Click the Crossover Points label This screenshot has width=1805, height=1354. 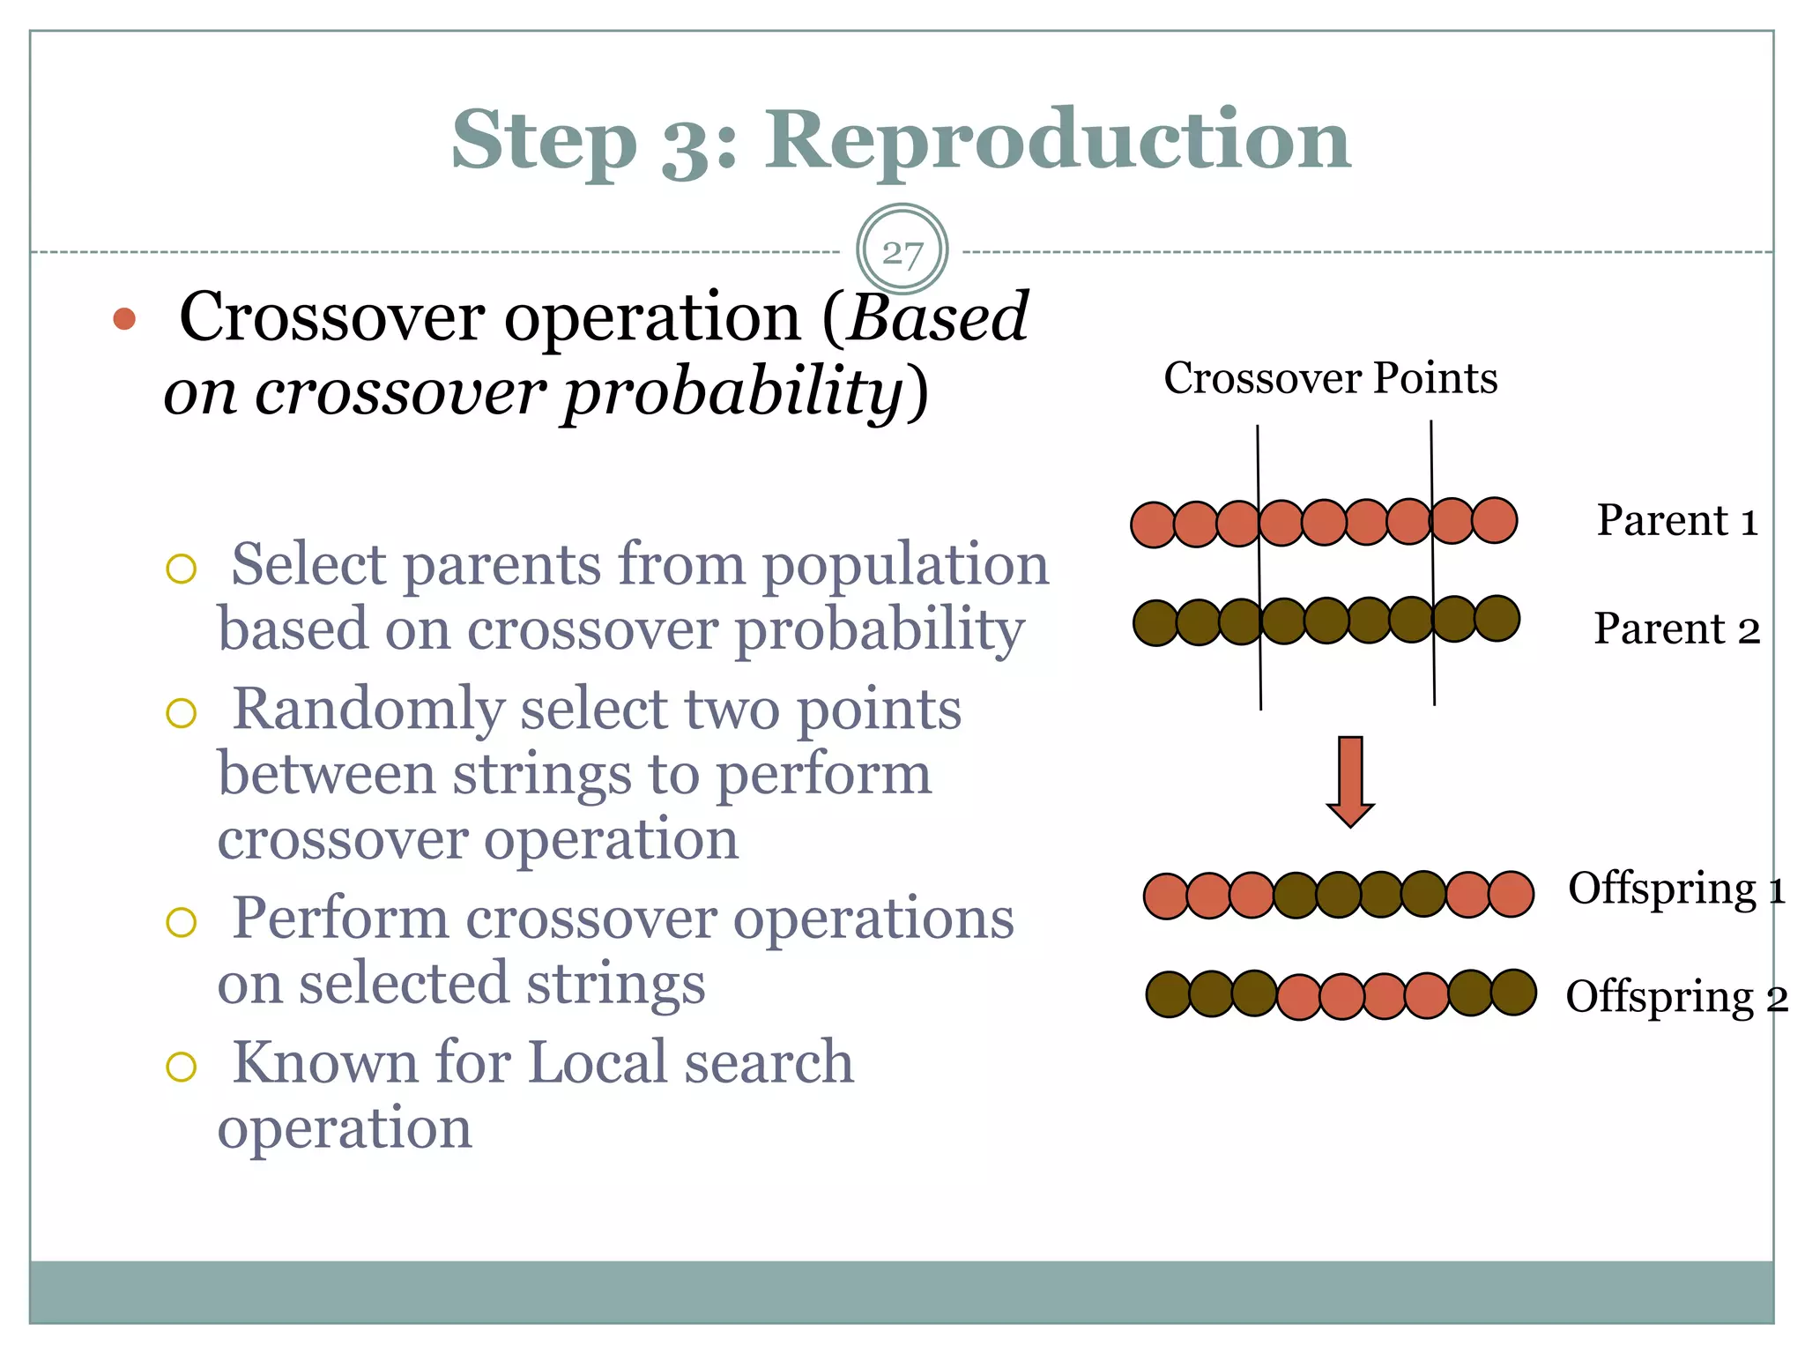1330,378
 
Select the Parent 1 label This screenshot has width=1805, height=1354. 1677,520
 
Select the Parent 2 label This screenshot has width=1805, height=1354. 1676,629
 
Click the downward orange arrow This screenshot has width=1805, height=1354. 1350,781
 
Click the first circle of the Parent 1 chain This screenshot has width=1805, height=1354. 1153,525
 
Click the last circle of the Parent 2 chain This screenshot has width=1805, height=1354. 1497,618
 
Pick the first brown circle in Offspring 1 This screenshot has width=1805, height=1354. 1296,896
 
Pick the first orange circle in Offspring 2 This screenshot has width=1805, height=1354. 1299,997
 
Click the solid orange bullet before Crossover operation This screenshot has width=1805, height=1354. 124,319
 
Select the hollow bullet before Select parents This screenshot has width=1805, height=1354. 181,569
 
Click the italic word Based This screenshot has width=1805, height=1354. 938,317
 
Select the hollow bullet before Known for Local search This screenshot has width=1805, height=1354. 181,1067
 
